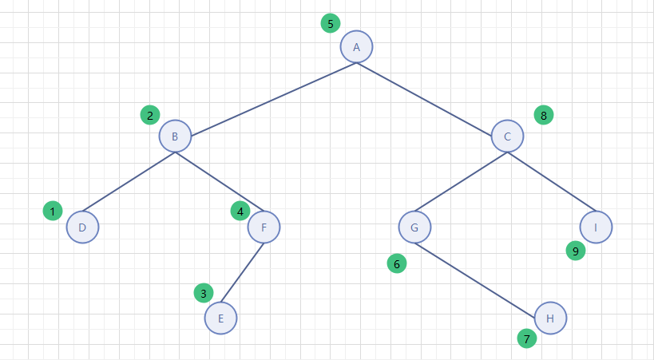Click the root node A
(356, 47)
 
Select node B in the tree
(175, 136)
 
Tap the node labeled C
(507, 136)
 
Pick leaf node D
(82, 227)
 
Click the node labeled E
(220, 318)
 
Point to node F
(264, 227)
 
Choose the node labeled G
(414, 227)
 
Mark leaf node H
(550, 318)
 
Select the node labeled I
(596, 227)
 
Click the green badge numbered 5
(331, 23)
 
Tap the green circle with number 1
(53, 212)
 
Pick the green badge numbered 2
(149, 116)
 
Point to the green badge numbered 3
(204, 293)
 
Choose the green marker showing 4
(240, 212)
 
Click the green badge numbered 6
(397, 263)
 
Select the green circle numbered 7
(526, 339)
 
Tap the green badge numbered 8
(544, 115)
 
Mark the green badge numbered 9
(575, 251)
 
